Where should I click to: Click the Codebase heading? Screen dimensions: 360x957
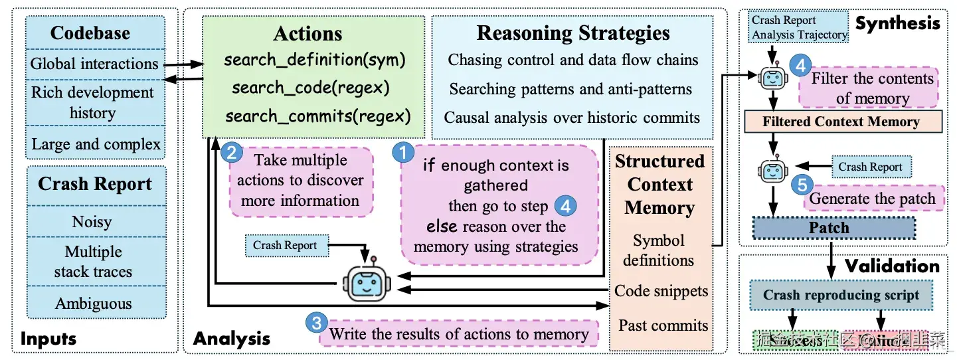pos(90,33)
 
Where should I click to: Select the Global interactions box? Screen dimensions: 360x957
pos(94,64)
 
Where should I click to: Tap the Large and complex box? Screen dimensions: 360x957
pos(96,144)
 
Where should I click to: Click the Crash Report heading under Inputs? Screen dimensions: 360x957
pos(95,185)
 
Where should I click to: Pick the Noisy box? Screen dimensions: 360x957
pos(92,222)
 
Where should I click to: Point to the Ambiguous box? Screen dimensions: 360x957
pos(93,304)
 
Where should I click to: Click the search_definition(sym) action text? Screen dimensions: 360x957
pos(314,60)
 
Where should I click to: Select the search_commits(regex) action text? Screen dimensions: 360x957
pos(317,116)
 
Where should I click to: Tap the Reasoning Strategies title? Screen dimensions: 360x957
pos(572,33)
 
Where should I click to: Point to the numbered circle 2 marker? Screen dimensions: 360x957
pos(231,153)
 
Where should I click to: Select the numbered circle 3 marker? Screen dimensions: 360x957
pos(315,323)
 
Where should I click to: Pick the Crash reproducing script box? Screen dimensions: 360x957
pos(841,295)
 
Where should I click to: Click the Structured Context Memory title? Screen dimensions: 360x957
pos(659,185)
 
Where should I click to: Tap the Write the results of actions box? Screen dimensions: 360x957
pos(458,335)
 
